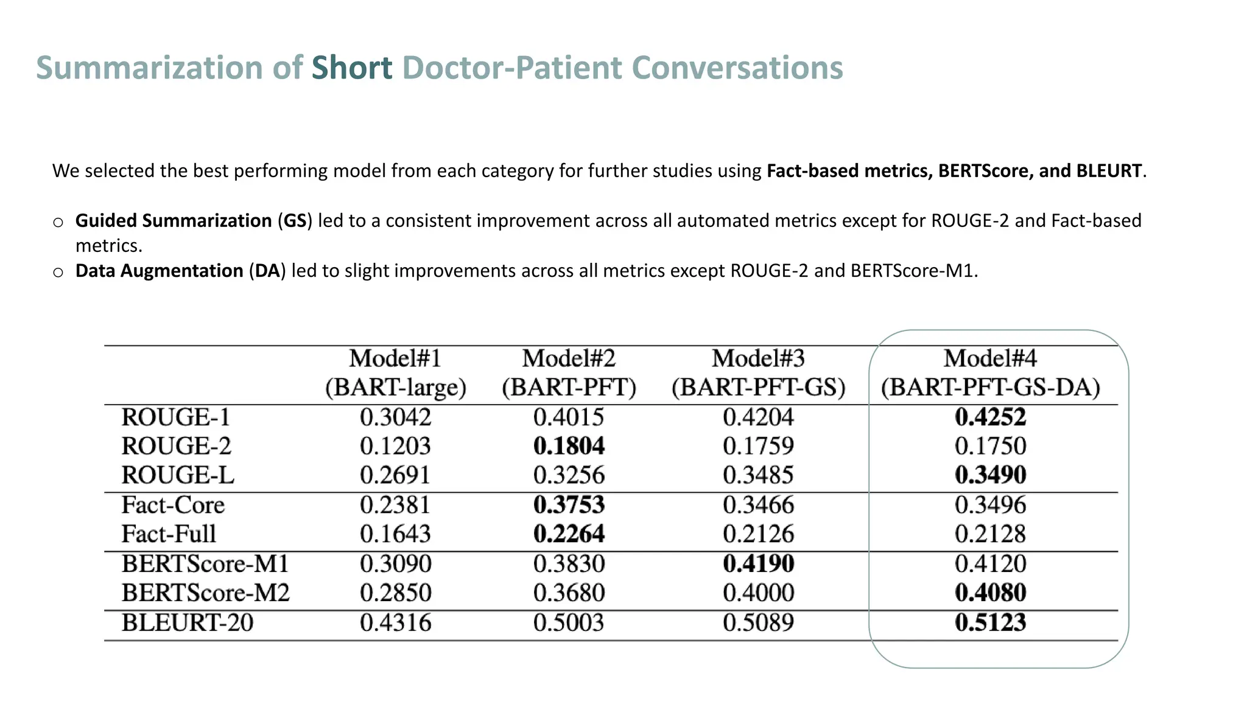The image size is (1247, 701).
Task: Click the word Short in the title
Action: click(351, 68)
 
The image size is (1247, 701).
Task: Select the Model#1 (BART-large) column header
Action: click(395, 372)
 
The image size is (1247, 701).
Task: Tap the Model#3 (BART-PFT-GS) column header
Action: click(758, 372)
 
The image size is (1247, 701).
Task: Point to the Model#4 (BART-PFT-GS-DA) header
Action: click(990, 372)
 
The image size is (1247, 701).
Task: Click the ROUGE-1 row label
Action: click(176, 417)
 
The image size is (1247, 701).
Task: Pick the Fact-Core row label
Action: click(173, 505)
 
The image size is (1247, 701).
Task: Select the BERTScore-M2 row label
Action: click(205, 593)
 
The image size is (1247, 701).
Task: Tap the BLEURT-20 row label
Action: click(187, 623)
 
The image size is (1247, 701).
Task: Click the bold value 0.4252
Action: click(990, 417)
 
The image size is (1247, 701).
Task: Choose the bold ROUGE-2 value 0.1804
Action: click(569, 446)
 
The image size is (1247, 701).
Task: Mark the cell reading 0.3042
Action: click(395, 417)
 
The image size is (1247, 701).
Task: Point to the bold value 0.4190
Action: click(758, 563)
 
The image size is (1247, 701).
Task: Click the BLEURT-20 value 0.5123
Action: click(990, 623)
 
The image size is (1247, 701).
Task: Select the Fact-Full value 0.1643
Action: click(395, 534)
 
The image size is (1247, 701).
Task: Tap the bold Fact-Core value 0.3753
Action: click(569, 505)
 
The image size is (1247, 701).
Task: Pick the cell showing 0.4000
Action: click(758, 593)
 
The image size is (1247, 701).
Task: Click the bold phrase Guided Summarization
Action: click(174, 220)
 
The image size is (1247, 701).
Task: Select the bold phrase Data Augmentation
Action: click(159, 271)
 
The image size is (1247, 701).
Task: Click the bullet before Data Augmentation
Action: click(58, 272)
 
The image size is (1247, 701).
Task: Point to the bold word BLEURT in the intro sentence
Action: click(1108, 171)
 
